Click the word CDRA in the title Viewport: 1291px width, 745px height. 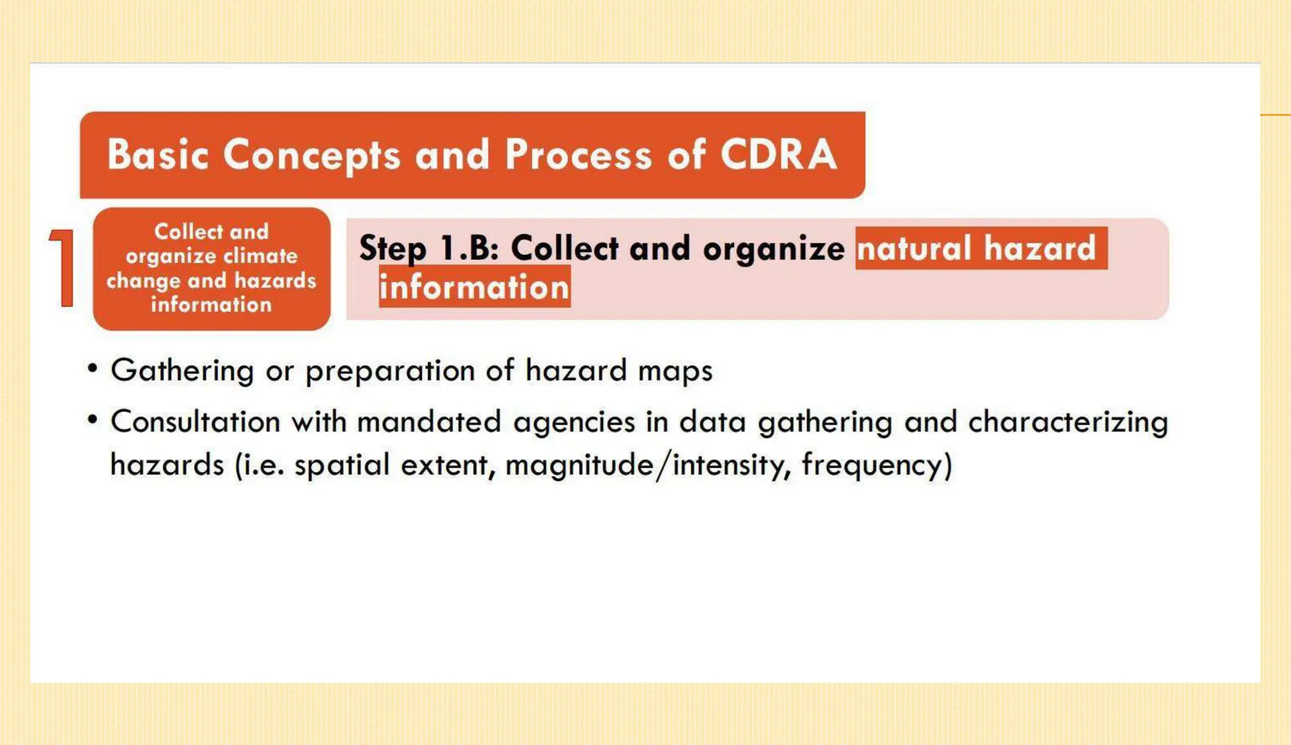pyautogui.click(x=779, y=154)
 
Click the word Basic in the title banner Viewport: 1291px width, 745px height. pyautogui.click(x=158, y=154)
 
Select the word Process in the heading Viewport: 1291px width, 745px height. pyautogui.click(x=578, y=154)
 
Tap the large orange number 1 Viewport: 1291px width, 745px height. pyautogui.click(x=62, y=268)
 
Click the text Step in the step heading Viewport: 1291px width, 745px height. pyautogui.click(x=392, y=248)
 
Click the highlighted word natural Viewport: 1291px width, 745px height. pyautogui.click(x=913, y=248)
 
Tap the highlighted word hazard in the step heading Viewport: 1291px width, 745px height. pyautogui.click(x=1039, y=248)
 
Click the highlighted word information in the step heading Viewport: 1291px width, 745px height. pyautogui.click(x=474, y=287)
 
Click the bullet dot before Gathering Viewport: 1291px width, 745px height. pyautogui.click(x=93, y=367)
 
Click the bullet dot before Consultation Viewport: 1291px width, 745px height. pyautogui.click(x=93, y=419)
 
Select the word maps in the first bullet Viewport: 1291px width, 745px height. pyautogui.click(x=675, y=371)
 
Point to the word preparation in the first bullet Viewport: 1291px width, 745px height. pyautogui.click(x=390, y=371)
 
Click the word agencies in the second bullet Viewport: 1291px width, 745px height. pyautogui.click(x=574, y=422)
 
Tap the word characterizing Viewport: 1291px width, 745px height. pyautogui.click(x=1068, y=422)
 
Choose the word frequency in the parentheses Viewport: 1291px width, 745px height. pyautogui.click(x=876, y=466)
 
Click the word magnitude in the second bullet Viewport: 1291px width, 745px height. pyautogui.click(x=579, y=466)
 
